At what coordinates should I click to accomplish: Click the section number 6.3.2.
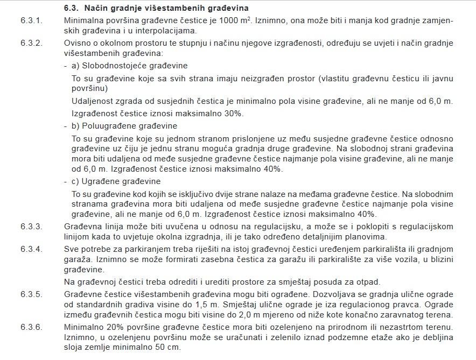point(31,43)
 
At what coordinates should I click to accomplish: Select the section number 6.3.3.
point(31,225)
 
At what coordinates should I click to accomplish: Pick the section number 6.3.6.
point(31,327)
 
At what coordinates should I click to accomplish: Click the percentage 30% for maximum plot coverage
point(234,113)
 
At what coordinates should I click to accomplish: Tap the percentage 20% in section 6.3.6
point(111,327)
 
